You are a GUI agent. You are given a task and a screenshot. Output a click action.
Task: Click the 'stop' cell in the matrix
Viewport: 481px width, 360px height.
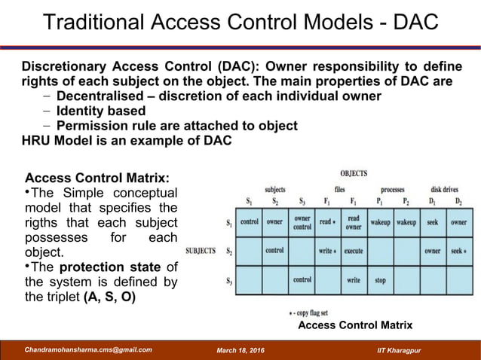380,280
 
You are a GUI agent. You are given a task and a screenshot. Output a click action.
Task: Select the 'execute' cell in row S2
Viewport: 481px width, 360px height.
353,251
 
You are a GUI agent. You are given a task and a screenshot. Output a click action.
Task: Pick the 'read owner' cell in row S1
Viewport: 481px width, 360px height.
353,222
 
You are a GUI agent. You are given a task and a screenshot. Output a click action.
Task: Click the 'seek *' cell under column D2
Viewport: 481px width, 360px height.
458,251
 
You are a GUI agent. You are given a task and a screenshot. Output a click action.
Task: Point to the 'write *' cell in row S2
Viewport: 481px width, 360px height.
326,251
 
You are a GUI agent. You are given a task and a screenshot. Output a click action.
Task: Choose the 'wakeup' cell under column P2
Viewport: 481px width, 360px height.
406,223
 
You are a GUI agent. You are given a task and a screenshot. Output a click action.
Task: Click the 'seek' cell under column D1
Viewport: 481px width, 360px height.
432,223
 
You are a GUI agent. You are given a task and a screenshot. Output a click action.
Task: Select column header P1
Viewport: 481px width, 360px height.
380,201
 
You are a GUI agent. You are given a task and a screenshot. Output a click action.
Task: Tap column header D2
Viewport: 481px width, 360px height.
458,201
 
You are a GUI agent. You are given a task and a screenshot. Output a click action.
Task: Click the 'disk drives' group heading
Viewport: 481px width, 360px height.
445,190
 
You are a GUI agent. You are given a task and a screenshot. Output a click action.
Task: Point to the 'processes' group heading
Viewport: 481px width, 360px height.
393,190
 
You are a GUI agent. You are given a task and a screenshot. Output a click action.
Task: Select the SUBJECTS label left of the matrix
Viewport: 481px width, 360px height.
201,250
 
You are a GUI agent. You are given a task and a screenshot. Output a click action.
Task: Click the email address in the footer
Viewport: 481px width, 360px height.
88,349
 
